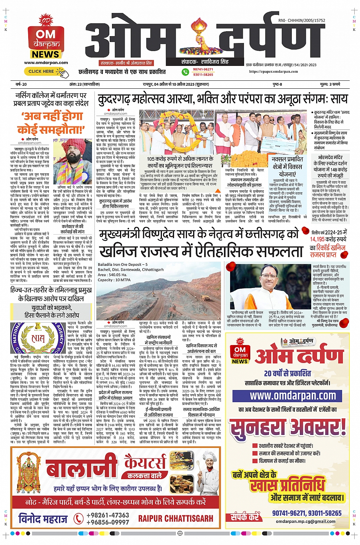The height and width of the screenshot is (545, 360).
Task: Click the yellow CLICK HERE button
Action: coord(41,71)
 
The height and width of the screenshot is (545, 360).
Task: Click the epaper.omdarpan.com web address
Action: coord(274,72)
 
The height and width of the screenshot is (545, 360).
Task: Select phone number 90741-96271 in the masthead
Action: coord(203,69)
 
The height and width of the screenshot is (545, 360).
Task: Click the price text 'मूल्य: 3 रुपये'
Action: coord(330,84)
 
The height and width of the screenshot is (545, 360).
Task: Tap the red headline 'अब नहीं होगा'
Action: coord(52,117)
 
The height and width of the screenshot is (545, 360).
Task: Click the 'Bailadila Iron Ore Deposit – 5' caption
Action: coord(123,264)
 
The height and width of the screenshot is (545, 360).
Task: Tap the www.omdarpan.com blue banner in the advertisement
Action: coord(293,396)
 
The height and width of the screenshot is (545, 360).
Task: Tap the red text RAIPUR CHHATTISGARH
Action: coord(176,518)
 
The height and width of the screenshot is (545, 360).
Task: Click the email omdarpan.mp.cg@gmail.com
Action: coord(306,521)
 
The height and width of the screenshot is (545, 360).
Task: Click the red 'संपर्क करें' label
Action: coord(245,517)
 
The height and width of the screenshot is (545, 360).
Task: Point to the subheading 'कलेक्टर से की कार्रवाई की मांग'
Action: coord(72,229)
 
